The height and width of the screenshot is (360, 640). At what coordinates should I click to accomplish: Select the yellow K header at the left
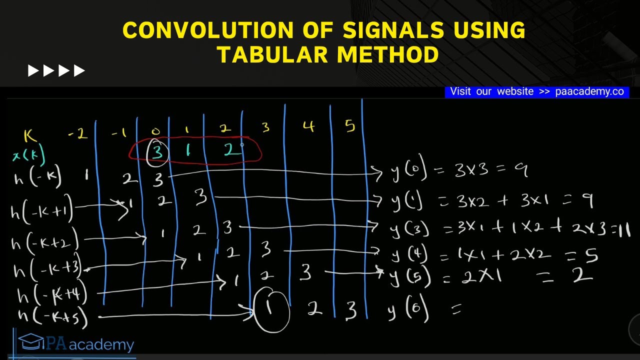click(x=30, y=136)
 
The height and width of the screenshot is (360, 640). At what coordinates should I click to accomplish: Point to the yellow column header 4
click(x=308, y=126)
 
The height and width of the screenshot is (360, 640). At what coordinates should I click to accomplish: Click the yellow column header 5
click(x=349, y=126)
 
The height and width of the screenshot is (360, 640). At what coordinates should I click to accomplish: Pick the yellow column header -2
click(x=77, y=134)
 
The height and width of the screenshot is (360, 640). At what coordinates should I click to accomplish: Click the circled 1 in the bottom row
click(x=270, y=308)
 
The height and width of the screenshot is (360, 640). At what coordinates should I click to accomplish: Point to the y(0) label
click(x=409, y=172)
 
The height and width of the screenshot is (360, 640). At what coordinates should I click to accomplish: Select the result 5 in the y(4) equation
click(x=591, y=256)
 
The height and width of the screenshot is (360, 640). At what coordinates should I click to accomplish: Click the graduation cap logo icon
click(x=30, y=342)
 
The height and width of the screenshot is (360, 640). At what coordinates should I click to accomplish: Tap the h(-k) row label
click(x=38, y=178)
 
